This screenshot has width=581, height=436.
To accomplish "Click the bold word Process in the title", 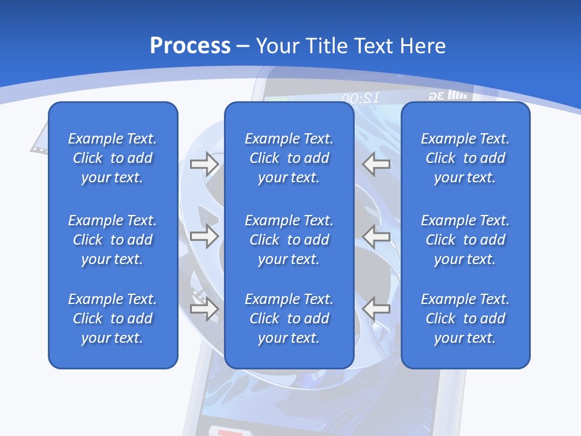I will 190,46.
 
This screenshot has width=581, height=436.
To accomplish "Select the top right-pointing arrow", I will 204,164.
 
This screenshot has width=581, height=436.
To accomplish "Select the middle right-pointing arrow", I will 204,236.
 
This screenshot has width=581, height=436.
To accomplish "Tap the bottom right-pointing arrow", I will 204,309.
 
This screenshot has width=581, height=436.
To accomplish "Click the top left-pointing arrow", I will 376,164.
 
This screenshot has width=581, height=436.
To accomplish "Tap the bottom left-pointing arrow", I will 376,309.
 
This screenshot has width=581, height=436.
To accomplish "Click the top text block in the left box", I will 113,158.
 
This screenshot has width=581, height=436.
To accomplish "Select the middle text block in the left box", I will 113,240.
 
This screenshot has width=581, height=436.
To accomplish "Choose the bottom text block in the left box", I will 113,319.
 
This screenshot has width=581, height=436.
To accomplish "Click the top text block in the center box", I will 289,158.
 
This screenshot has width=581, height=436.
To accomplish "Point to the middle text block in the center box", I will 289,240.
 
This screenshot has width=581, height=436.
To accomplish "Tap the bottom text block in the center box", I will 289,319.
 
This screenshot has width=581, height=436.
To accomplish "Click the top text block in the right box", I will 465,158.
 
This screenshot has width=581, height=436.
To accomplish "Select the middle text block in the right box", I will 465,240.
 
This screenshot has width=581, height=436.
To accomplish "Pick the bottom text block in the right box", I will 465,319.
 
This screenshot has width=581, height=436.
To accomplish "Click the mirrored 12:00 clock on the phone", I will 360,97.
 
